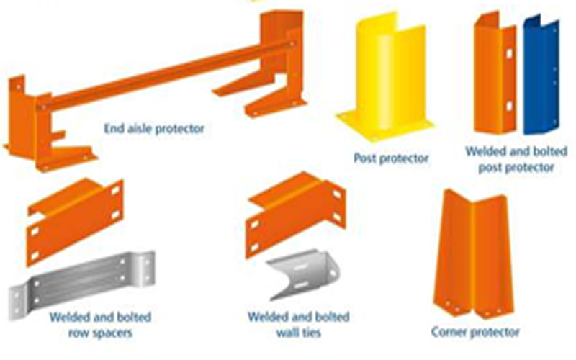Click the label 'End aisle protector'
(x=153, y=129)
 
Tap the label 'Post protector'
(x=391, y=157)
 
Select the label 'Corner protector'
(x=475, y=332)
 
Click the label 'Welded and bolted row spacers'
(x=100, y=325)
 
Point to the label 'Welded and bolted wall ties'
(x=298, y=325)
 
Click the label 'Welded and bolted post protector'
(x=516, y=159)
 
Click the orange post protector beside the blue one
(x=495, y=76)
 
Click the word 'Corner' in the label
(x=449, y=332)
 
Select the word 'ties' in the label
(x=311, y=333)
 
